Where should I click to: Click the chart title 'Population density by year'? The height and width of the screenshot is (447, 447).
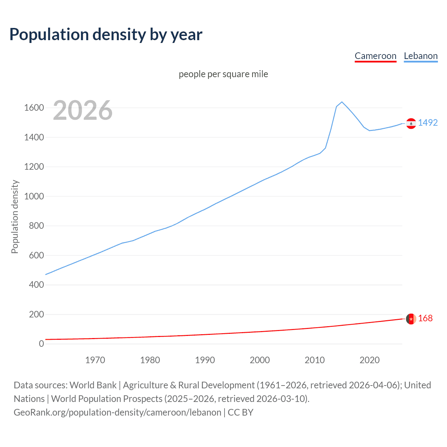coord(106,35)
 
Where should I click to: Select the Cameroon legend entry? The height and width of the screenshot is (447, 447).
coord(375,56)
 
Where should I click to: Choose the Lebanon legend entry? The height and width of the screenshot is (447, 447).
coord(420,56)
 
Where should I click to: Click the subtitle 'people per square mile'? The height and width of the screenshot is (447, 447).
coord(223,74)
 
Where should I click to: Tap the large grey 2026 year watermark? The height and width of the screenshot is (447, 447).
coord(83,110)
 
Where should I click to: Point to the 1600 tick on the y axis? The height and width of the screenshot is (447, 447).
coord(34,108)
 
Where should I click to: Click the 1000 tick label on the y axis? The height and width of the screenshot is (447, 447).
coord(34,196)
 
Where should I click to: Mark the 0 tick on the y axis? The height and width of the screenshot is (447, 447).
coord(42,344)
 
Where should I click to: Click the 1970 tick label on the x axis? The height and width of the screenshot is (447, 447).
coord(95,360)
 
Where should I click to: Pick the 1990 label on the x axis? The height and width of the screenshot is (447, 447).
coord(205,360)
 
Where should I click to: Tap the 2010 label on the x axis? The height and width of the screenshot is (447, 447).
coord(315,360)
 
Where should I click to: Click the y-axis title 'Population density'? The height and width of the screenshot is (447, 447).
coord(15,217)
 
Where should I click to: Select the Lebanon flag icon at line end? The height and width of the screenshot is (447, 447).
coord(411,123)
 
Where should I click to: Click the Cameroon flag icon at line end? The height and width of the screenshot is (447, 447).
coord(411,319)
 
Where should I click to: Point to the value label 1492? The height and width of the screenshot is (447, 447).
coord(428,123)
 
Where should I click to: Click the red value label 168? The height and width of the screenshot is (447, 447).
coord(425,318)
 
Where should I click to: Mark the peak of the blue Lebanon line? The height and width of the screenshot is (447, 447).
coord(342,102)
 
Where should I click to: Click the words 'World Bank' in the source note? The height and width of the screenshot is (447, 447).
coord(93,385)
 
